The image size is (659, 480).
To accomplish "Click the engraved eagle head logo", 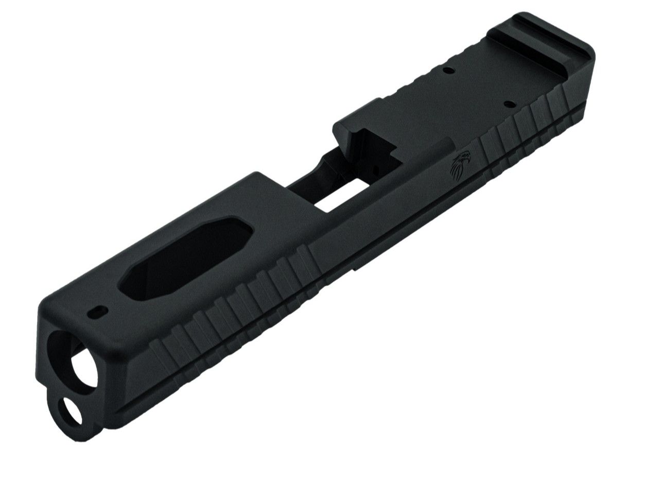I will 461,164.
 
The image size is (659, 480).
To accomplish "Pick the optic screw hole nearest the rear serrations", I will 509,104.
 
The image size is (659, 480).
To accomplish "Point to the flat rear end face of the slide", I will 592,72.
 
